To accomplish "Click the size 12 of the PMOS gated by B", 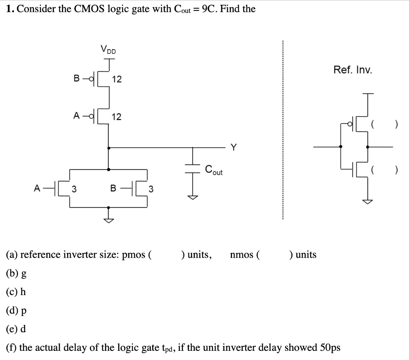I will [117, 80].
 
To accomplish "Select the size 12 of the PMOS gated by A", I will [117, 117].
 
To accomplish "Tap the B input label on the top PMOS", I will [77, 79].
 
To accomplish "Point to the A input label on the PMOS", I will [77, 116].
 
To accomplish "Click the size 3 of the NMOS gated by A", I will [74, 189].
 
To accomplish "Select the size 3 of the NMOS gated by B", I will [151, 189].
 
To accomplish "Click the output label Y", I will [234, 148].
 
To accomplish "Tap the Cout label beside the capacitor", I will [214, 170].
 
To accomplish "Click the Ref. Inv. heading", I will [353, 70].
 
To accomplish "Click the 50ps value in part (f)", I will [330, 347].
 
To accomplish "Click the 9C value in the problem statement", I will [209, 9].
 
